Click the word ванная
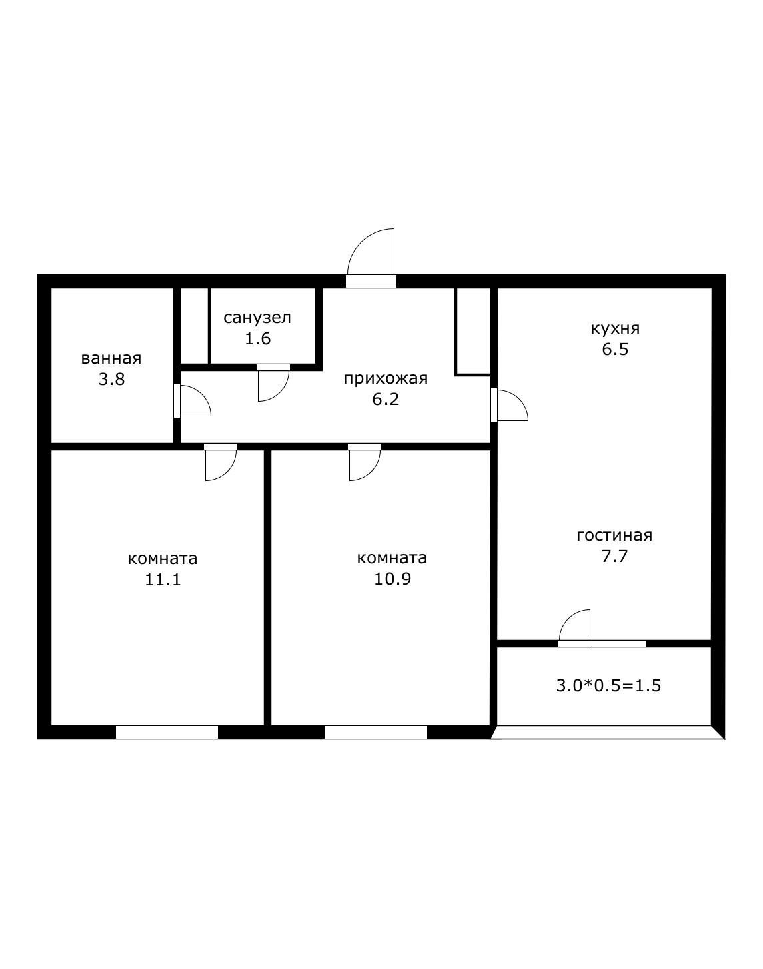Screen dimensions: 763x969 point(111,359)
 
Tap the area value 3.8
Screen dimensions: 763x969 point(111,380)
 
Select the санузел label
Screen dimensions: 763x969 point(257,318)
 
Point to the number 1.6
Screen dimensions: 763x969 point(258,338)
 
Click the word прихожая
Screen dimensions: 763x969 point(386,378)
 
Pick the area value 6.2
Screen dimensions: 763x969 point(386,399)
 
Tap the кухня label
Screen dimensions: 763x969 point(615,329)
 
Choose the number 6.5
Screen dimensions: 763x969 point(615,350)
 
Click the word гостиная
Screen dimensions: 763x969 point(614,535)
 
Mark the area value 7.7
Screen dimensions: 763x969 point(614,556)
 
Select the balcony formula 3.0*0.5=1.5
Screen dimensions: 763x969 point(609,686)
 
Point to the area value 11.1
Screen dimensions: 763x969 point(163,579)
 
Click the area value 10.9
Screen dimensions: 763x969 point(393,579)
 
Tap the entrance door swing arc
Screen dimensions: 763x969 point(361,242)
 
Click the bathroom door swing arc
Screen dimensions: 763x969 point(202,394)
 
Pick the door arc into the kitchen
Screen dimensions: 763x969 point(519,398)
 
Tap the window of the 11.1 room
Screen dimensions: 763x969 point(167,733)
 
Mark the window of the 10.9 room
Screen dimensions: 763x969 point(375,733)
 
